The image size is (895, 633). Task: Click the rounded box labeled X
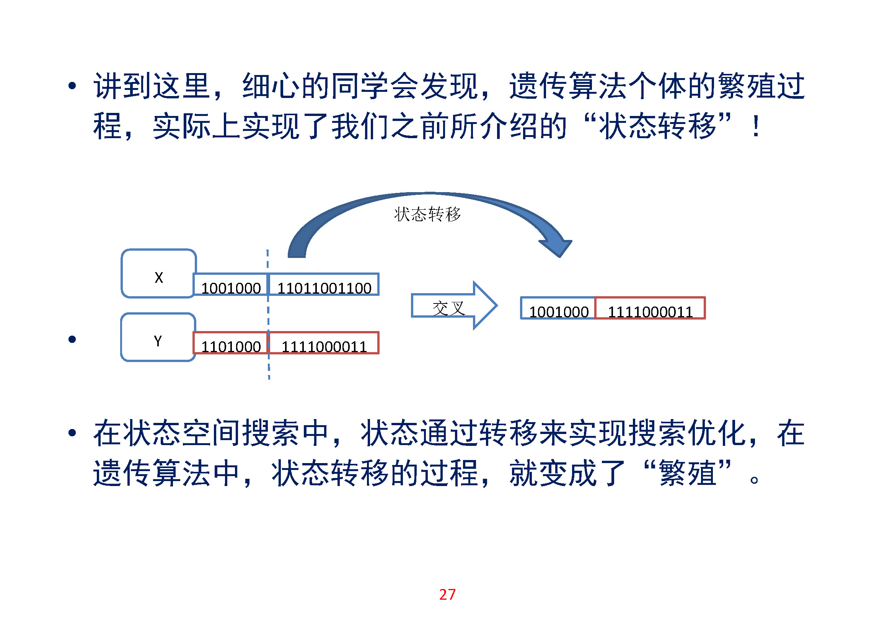click(x=159, y=274)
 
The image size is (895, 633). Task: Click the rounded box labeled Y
click(x=158, y=338)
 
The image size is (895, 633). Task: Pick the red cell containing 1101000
click(x=231, y=343)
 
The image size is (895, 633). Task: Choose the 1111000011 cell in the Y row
click(x=324, y=343)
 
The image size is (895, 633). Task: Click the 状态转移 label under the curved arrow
click(x=427, y=214)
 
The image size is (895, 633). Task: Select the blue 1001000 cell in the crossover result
click(x=558, y=309)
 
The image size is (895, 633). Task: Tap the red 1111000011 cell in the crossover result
click(x=650, y=309)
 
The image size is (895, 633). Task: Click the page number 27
click(x=447, y=594)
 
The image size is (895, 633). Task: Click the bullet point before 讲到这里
click(x=72, y=86)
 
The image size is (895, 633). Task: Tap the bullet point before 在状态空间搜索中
click(x=72, y=433)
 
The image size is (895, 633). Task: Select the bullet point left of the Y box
click(x=72, y=339)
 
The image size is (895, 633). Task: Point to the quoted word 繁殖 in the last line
click(x=688, y=473)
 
